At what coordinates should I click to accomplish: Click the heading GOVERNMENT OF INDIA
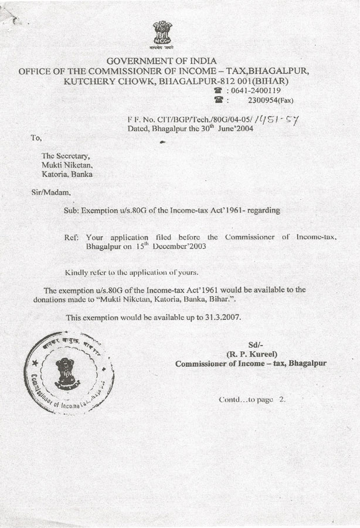[162, 61]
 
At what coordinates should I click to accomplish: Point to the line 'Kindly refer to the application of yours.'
[132, 272]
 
